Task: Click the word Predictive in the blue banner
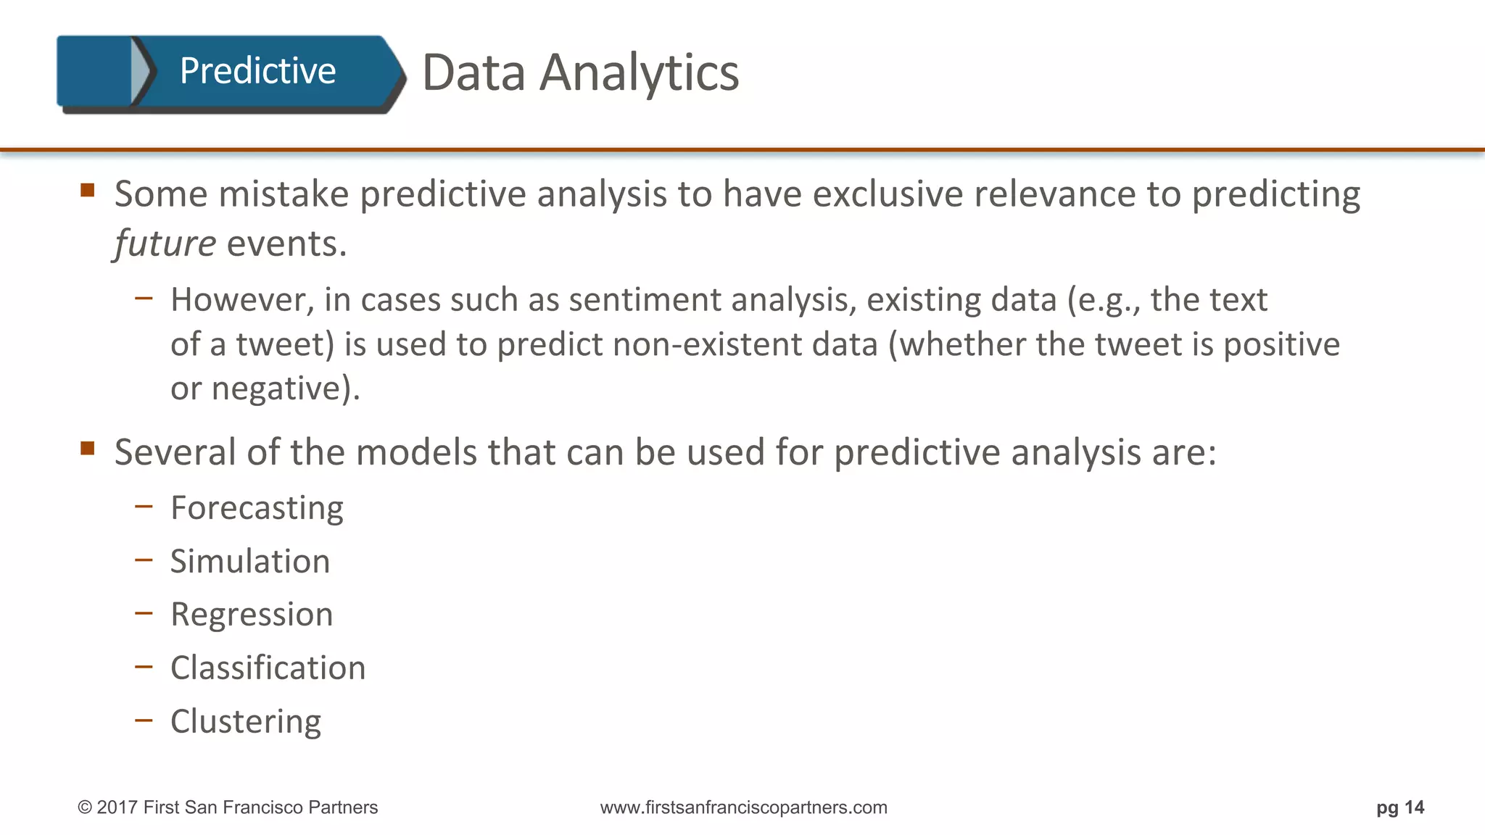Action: point(257,71)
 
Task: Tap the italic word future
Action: point(165,244)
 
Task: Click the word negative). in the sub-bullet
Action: point(286,389)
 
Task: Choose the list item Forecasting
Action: point(257,508)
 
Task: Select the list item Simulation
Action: point(250,562)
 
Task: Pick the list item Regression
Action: point(252,615)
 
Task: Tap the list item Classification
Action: point(268,668)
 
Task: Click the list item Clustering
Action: point(246,722)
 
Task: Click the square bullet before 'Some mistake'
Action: point(88,191)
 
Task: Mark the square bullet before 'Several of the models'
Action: point(88,448)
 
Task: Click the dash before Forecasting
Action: point(144,506)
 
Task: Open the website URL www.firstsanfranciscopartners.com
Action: point(743,807)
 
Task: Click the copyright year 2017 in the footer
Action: point(117,807)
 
